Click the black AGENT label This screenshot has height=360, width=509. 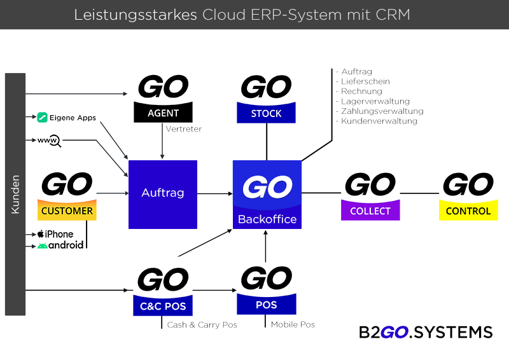click(163, 113)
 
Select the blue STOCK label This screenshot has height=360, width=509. click(266, 114)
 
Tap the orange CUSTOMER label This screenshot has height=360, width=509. click(67, 211)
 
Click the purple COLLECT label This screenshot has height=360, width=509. click(370, 211)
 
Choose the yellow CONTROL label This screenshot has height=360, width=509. click(468, 211)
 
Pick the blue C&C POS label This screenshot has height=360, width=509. click(163, 307)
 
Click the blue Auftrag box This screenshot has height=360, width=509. click(163, 193)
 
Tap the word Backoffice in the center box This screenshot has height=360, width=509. click(267, 219)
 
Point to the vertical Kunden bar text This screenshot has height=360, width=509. click(15, 194)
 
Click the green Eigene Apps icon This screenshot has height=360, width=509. click(43, 117)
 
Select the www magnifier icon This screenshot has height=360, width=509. click(49, 141)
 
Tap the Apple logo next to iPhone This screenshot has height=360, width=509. click(41, 234)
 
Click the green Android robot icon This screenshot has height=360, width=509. click(42, 246)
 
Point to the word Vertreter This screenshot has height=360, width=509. click(183, 129)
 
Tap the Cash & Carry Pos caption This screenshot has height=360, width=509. click(202, 325)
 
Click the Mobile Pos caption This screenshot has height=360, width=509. click(293, 325)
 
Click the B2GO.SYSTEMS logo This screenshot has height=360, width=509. click(426, 333)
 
